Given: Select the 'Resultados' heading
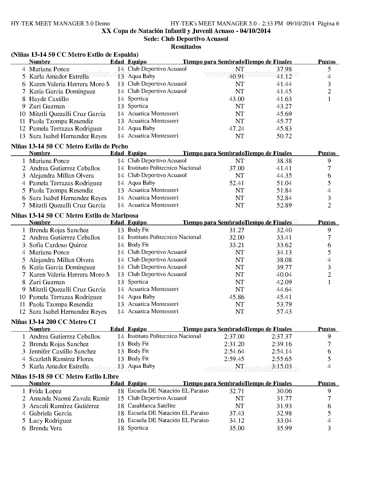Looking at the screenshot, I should click(x=186, y=46).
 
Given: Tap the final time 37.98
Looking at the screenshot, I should click(x=284, y=69).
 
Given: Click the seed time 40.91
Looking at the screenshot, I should click(x=237, y=77).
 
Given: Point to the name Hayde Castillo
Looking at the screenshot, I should click(x=49, y=99).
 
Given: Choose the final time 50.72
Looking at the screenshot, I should click(x=284, y=136).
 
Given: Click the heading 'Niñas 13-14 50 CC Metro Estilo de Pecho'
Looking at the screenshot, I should click(x=69, y=146).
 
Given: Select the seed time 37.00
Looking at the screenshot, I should click(x=237, y=168).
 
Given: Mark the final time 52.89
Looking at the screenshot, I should click(x=284, y=205).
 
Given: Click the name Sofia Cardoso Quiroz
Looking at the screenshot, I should click(x=58, y=245).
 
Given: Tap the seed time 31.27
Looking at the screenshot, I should click(x=237, y=230).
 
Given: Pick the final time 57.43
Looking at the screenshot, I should click(x=284, y=312).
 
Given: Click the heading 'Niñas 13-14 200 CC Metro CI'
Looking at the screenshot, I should click(x=53, y=322).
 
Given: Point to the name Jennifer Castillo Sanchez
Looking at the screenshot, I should click(x=62, y=351).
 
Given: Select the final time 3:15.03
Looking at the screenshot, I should click(x=282, y=366).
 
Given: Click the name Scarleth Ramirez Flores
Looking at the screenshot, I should click(x=61, y=359).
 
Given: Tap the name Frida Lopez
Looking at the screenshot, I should click(x=45, y=391).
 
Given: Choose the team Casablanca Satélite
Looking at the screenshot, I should click(x=152, y=406).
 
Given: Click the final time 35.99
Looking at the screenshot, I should click(x=284, y=428).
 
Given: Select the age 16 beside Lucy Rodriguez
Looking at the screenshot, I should click(x=121, y=421).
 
